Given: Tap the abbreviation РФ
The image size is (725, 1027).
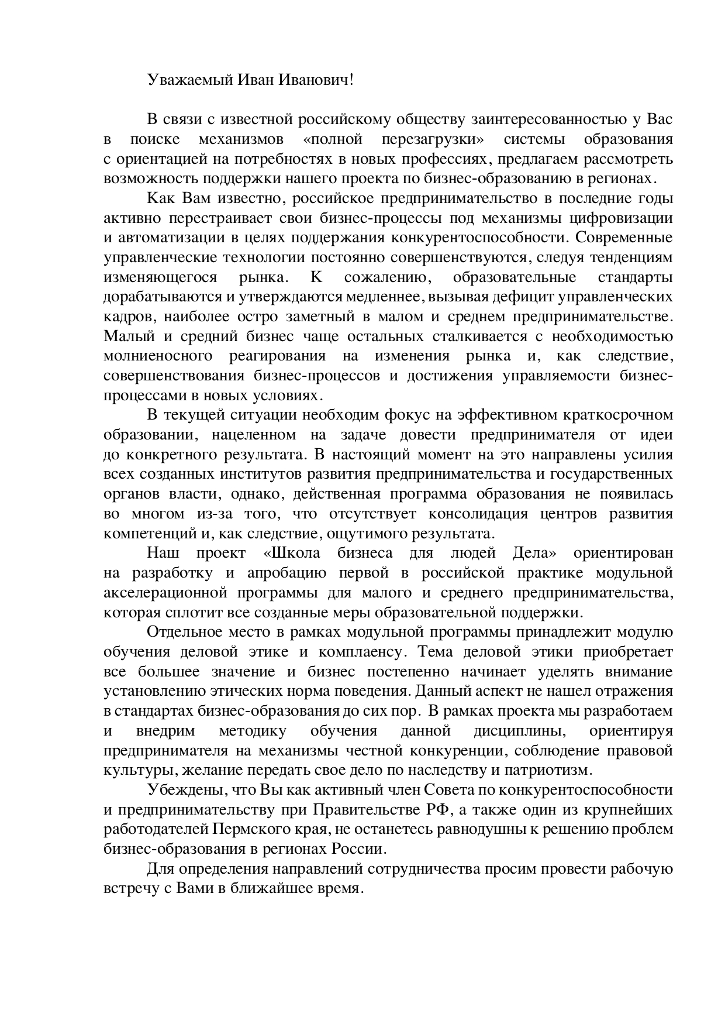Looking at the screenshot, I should (x=427, y=810).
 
